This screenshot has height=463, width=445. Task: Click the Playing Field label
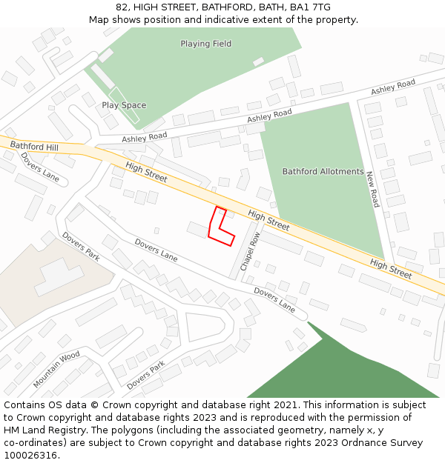(x=205, y=44)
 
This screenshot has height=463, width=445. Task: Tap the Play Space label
(x=124, y=105)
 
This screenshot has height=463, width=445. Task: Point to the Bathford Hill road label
(x=33, y=147)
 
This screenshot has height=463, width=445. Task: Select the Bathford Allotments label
(x=323, y=172)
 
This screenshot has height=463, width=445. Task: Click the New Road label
(x=372, y=190)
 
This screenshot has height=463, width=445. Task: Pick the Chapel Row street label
(x=250, y=252)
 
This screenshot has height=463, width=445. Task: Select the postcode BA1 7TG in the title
(x=311, y=7)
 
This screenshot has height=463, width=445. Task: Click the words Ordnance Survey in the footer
(x=385, y=443)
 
